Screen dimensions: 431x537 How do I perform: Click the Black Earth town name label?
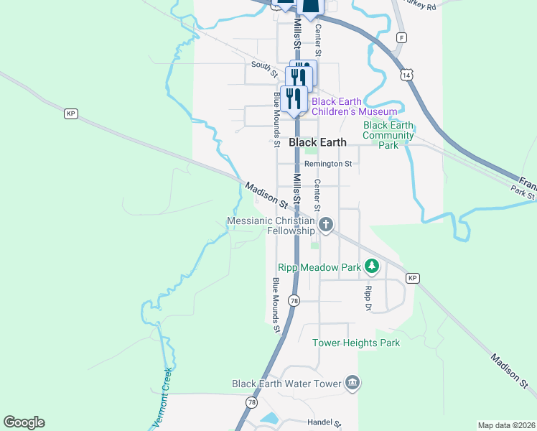coord(317,142)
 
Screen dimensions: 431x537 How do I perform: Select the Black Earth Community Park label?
coord(388,135)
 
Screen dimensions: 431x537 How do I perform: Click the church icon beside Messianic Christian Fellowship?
coord(326,226)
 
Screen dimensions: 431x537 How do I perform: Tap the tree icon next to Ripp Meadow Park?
coord(371,267)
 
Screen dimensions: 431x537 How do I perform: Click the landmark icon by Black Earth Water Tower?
coord(351,383)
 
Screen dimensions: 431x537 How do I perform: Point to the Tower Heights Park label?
coord(356,343)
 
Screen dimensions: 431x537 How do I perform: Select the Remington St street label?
coord(327,164)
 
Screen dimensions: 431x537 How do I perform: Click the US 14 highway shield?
coord(407,75)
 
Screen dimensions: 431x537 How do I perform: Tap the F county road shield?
coord(401,37)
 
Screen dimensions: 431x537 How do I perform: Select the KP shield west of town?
coord(70,113)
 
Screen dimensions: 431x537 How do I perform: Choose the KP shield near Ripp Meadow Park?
coord(412,278)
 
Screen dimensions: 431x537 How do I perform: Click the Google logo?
coord(24,422)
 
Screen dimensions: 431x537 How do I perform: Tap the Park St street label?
coord(524,193)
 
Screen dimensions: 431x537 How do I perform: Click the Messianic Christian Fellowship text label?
coord(271,226)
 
